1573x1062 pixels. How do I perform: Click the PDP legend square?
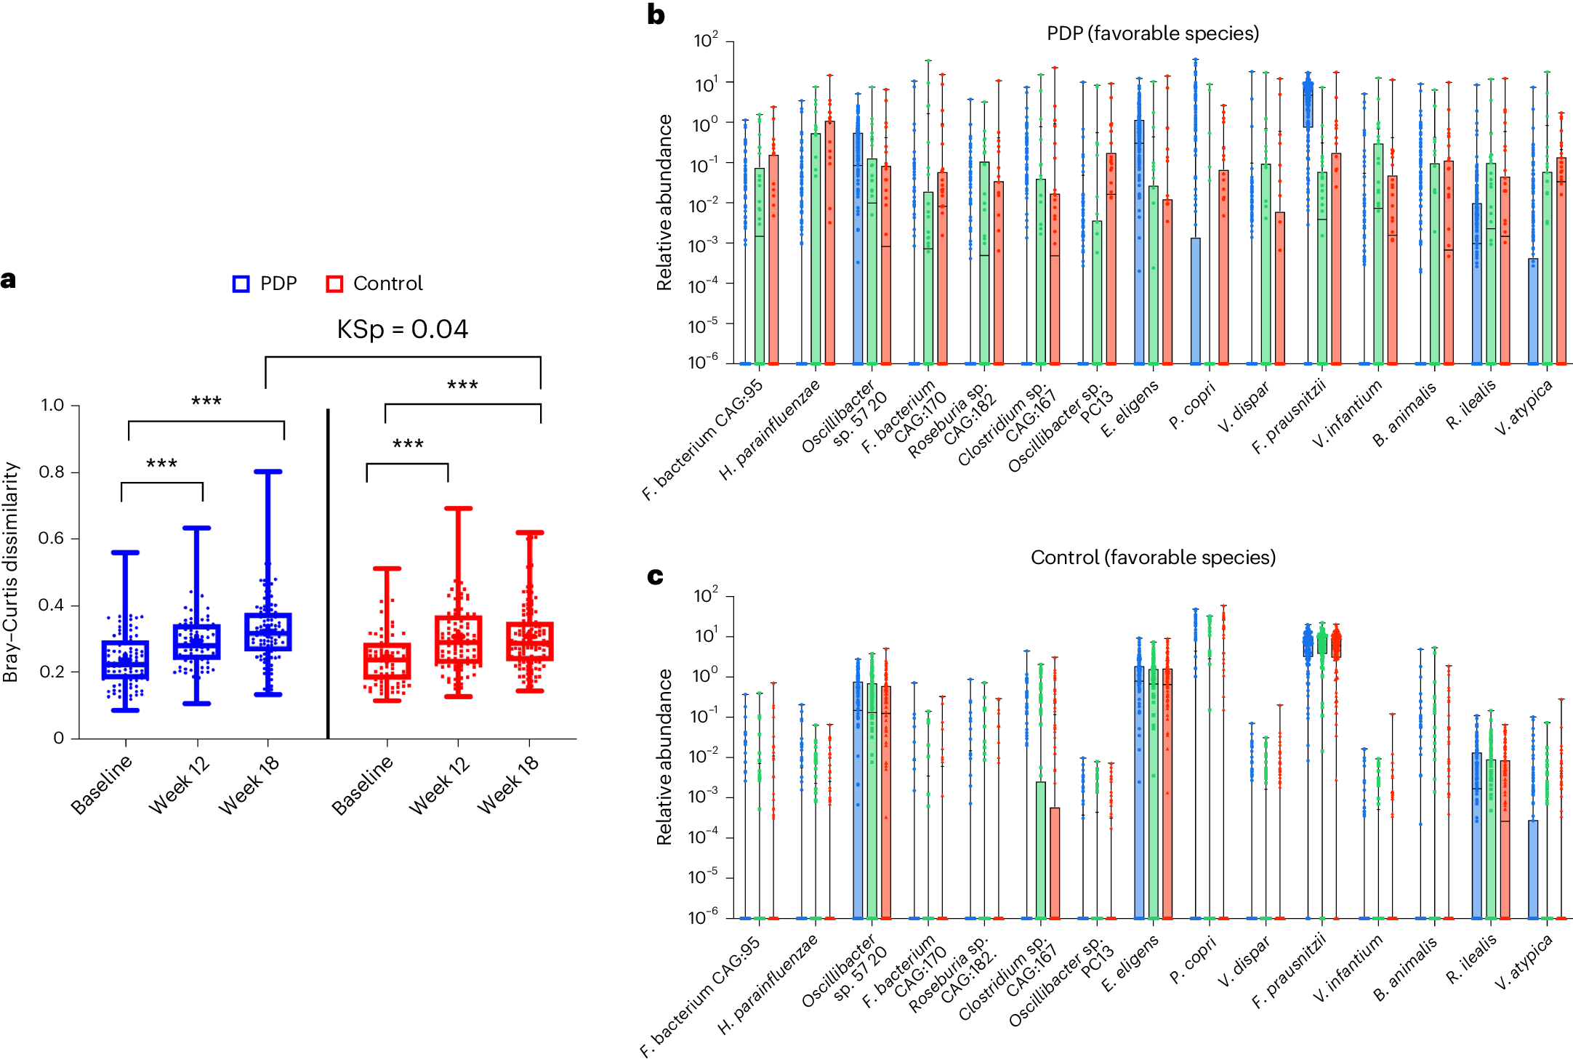coord(241,284)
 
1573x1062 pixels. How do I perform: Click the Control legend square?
coord(334,284)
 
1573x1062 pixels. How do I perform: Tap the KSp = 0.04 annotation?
coord(402,329)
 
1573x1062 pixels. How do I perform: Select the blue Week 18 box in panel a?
coord(268,632)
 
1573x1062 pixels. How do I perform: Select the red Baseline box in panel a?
coord(387,661)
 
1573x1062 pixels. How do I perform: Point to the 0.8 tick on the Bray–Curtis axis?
coord(52,472)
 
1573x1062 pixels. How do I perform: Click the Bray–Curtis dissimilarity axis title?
coord(11,572)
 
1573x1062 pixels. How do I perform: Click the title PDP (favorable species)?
coord(1152,33)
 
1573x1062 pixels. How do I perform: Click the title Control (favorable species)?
coord(1152,558)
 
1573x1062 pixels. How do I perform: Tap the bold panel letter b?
coord(656,15)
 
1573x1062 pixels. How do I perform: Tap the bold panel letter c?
coord(655,576)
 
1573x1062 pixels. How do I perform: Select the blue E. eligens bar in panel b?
coord(1139,240)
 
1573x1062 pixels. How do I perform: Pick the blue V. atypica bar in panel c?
coord(1533,869)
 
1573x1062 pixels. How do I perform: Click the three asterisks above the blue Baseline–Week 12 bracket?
coord(161,464)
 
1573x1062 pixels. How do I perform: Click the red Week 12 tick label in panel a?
coord(439,785)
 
